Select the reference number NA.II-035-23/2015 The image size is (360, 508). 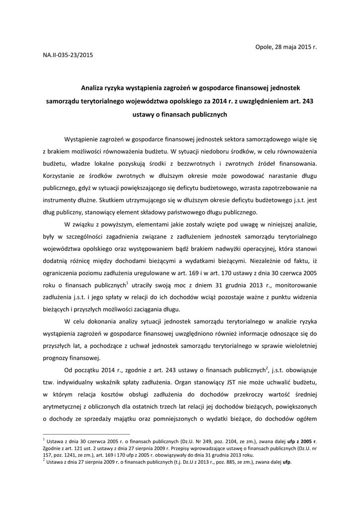(x=68, y=55)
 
